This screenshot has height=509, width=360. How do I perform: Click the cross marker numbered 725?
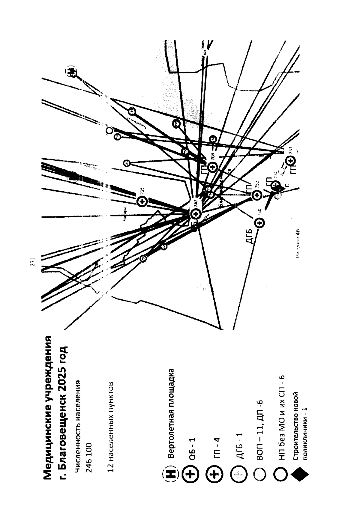142,202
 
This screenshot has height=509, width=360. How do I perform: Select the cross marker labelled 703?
212,167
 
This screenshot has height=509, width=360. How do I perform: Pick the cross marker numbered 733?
290,161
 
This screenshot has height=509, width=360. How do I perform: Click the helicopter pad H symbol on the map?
72,72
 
